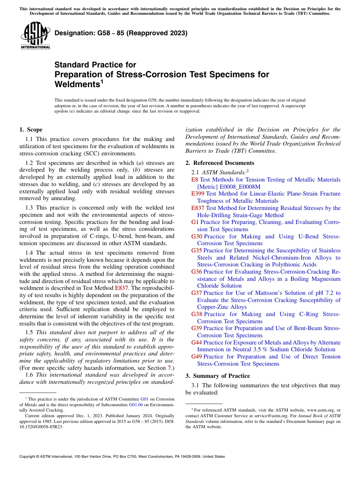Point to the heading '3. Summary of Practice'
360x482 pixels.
[x=218, y=376]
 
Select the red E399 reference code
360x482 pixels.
[x=198, y=194]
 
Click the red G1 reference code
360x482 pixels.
[x=195, y=222]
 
